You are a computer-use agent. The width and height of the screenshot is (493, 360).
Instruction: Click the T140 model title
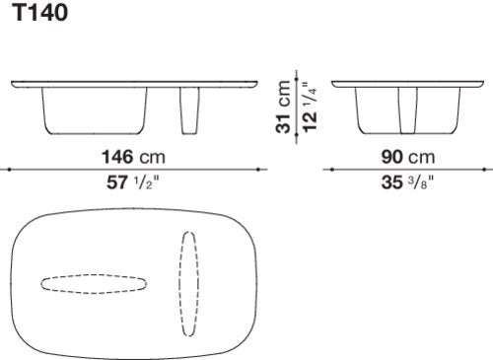click(41, 13)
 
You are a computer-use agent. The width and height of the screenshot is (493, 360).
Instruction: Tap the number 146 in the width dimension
click(117, 157)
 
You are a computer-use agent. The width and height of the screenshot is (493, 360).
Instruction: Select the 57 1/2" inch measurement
click(132, 182)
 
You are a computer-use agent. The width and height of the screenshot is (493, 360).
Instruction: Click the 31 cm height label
click(284, 107)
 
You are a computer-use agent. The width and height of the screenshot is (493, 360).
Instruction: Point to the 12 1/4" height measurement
click(310, 108)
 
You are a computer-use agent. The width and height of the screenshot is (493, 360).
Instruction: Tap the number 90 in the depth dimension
click(391, 157)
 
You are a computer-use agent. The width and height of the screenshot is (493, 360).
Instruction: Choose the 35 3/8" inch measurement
click(407, 182)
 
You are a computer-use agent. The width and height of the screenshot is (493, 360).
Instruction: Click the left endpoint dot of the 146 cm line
click(9, 170)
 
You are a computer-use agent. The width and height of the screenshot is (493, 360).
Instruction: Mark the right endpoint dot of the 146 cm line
click(258, 170)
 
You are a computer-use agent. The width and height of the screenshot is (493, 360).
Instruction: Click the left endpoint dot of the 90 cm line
click(332, 170)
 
